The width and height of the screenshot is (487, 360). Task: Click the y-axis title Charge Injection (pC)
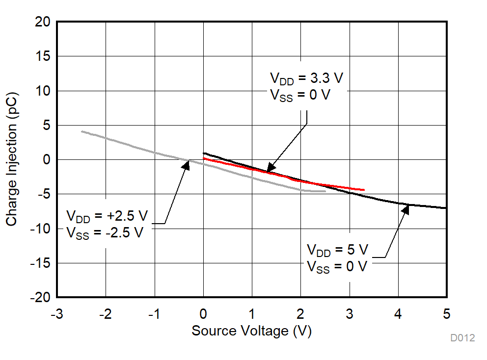12,159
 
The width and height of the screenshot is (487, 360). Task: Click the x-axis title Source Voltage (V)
251,331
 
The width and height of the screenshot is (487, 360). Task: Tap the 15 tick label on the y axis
43,56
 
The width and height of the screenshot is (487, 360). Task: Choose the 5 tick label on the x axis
447,314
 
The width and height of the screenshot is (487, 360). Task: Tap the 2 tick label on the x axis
300,314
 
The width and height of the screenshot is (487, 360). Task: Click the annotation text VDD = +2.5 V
107,216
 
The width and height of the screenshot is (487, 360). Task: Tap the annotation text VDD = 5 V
337,250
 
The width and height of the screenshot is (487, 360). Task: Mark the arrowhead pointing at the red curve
269,169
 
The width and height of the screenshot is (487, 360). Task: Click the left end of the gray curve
81,131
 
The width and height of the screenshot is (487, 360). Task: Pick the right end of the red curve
364,190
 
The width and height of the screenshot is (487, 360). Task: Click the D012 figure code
462,338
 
